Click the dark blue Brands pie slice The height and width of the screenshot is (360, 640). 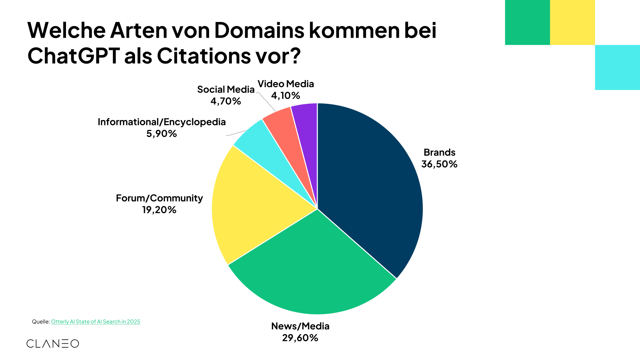tap(367, 187)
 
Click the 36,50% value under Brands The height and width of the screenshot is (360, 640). tap(439, 164)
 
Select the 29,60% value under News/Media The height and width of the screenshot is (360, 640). tap(300, 338)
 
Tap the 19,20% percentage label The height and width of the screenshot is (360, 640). tap(159, 210)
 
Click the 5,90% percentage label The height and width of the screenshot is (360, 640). tap(161, 134)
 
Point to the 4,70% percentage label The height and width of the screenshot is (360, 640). tap(226, 101)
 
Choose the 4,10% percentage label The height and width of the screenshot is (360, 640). tap(285, 96)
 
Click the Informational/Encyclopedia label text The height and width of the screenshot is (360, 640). tap(162, 122)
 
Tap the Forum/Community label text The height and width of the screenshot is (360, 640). tap(159, 198)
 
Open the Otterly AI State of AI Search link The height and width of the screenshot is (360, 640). tap(96, 322)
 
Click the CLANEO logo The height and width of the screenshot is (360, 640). tap(53, 344)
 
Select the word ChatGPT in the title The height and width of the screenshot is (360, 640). tap(73, 56)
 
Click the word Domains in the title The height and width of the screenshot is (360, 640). tap(259, 30)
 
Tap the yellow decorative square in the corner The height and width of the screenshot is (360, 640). tap(572, 22)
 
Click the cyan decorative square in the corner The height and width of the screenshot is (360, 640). tap(617, 67)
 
